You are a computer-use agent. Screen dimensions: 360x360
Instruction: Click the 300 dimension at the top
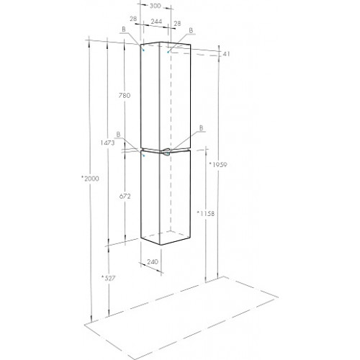click(x=155, y=6)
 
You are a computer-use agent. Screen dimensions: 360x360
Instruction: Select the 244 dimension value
click(x=156, y=22)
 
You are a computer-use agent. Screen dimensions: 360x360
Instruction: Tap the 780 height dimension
click(x=125, y=96)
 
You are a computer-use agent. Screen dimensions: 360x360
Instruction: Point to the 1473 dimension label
click(x=107, y=143)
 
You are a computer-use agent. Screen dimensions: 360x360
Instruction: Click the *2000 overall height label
click(x=90, y=179)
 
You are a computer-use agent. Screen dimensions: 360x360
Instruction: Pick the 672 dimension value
click(x=125, y=197)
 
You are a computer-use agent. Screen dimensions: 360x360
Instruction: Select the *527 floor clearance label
click(x=108, y=278)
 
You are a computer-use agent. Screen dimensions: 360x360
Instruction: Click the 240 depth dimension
click(x=153, y=261)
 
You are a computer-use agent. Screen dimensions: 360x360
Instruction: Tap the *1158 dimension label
click(x=205, y=213)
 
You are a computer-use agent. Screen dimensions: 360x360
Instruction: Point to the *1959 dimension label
click(x=218, y=165)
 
